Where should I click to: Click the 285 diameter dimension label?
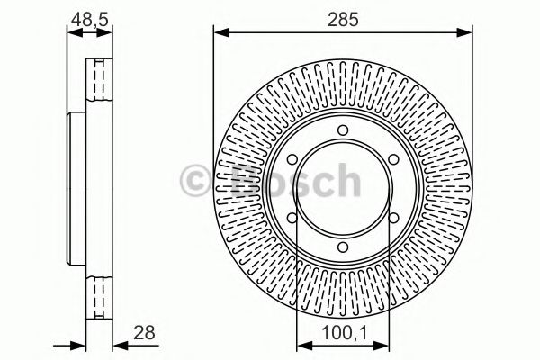342,17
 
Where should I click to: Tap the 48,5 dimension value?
89,17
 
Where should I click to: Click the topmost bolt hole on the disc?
343,133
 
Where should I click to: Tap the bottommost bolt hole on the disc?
343,251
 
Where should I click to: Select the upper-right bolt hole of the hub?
393,162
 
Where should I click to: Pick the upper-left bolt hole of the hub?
292,162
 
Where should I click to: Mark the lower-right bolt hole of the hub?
393,221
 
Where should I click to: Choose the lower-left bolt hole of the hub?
292,221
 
